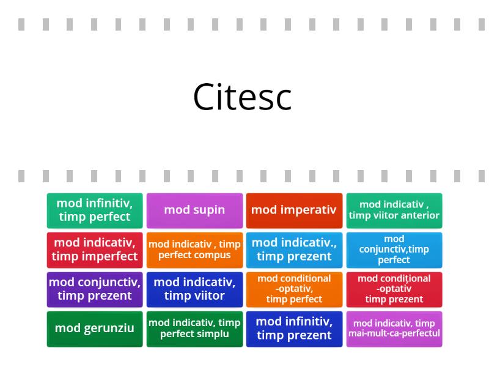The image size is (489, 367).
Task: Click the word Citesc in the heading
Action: coord(243,97)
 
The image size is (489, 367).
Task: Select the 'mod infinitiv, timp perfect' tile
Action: coord(95,210)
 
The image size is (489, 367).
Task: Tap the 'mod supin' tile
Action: coord(194,210)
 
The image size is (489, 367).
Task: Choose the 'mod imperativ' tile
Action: coord(294,210)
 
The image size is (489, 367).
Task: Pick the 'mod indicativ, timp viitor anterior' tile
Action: coord(394,210)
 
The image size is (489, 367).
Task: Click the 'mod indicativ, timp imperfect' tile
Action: coord(95,250)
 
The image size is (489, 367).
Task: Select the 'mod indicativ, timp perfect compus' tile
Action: coord(194,250)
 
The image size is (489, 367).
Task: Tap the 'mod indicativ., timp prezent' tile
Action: coord(294,250)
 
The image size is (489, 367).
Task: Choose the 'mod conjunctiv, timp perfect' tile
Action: coord(394,250)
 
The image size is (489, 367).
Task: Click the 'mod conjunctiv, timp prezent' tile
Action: coord(95,289)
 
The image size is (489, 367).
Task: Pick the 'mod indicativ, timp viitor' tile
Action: coord(194,289)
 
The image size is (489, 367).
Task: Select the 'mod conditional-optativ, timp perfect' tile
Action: coord(294,289)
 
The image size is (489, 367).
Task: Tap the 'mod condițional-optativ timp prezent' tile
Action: coord(394,289)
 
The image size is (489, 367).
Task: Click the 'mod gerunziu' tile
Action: coord(95,328)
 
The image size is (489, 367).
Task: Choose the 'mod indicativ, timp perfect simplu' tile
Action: coord(194,328)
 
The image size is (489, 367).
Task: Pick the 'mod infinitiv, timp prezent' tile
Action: coord(294,328)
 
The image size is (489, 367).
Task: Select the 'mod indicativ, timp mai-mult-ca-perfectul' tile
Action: coord(394,328)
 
